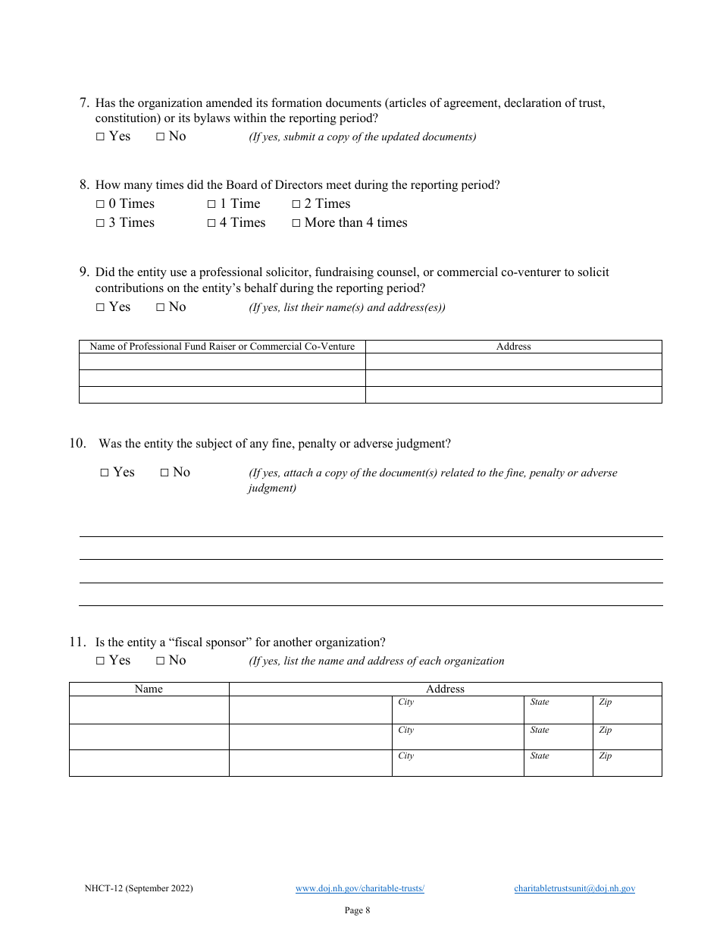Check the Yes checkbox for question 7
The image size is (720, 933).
[101, 137]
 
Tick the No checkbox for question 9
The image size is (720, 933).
[160, 308]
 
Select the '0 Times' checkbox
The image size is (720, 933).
[101, 205]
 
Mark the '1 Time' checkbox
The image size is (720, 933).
[211, 205]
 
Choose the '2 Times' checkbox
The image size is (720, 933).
[296, 205]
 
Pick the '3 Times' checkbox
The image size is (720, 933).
[101, 224]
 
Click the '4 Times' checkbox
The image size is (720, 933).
[211, 224]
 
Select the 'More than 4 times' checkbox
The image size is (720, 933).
[296, 224]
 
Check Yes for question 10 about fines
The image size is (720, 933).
[105, 473]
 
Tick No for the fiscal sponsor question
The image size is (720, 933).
[160, 661]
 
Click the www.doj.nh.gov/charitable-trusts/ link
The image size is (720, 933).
[359, 888]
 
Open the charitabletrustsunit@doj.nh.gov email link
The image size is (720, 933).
[574, 888]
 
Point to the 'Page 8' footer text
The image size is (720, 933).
[357, 910]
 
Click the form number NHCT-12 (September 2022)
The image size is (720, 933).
[139, 888]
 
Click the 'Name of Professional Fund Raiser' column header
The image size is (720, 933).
[222, 347]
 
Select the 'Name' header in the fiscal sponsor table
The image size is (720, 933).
[149, 689]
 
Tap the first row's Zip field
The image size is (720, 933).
[627, 710]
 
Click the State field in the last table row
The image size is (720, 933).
[558, 763]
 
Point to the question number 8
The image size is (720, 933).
[84, 185]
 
